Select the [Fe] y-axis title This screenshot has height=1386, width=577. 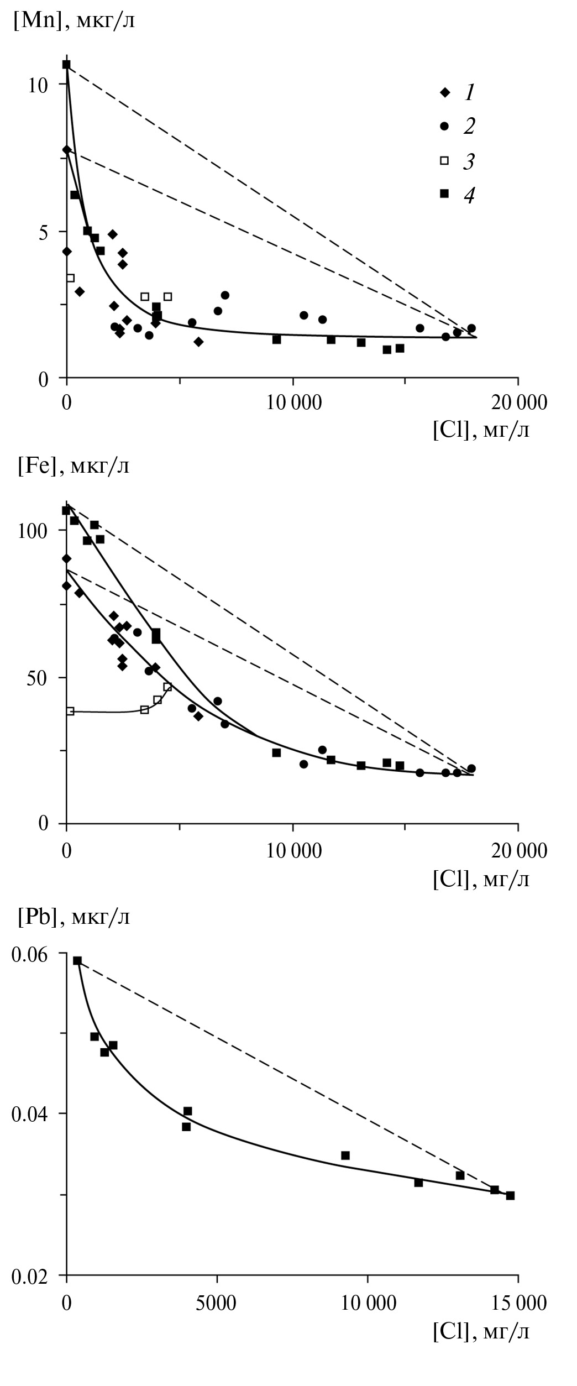(74, 466)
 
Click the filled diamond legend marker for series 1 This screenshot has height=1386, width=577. (443, 92)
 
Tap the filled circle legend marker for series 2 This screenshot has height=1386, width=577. (443, 127)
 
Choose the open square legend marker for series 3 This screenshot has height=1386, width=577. (443, 161)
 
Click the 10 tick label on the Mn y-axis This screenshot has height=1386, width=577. (42, 85)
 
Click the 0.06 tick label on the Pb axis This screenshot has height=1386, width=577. (34, 954)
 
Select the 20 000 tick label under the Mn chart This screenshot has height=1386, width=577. (518, 402)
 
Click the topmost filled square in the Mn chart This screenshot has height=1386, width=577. (66, 65)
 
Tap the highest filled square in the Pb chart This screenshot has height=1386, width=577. (77, 961)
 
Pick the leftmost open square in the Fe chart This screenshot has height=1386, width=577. (70, 711)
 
